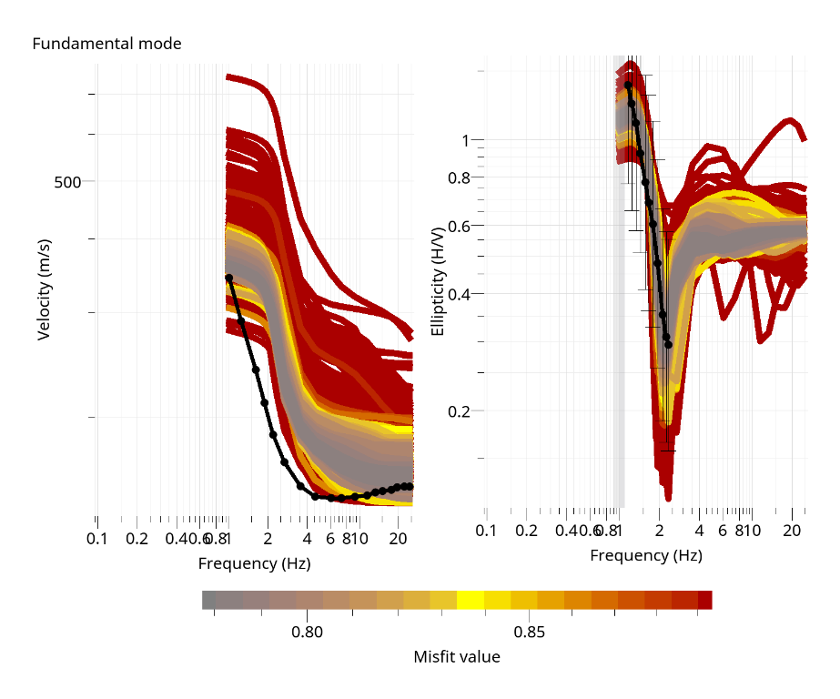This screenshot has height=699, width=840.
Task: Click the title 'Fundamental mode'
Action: pyautogui.click(x=106, y=43)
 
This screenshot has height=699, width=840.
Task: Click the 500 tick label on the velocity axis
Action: pyautogui.click(x=68, y=182)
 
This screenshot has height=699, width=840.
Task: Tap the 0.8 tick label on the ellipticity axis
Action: pyautogui.click(x=459, y=177)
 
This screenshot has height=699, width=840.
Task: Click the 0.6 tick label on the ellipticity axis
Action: pyautogui.click(x=459, y=226)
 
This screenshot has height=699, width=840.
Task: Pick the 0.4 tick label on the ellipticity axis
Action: pyautogui.click(x=459, y=294)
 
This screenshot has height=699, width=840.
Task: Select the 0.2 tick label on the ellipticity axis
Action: pyautogui.click(x=459, y=410)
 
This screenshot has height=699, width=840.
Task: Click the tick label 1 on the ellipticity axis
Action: pyautogui.click(x=465, y=140)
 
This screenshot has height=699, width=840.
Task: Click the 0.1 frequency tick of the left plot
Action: pyautogui.click(x=97, y=539)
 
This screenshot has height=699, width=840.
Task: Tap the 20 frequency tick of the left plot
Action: pyautogui.click(x=397, y=539)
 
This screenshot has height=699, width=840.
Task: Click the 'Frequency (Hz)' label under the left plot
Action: pyautogui.click(x=255, y=563)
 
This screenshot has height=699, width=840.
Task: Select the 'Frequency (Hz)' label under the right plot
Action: pyautogui.click(x=646, y=555)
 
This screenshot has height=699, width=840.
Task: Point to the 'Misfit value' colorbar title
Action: pyautogui.click(x=457, y=656)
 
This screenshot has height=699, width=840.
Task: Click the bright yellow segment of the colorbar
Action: pyautogui.click(x=470, y=599)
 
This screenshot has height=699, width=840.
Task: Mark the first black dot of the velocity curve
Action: pyautogui.click(x=228, y=278)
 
